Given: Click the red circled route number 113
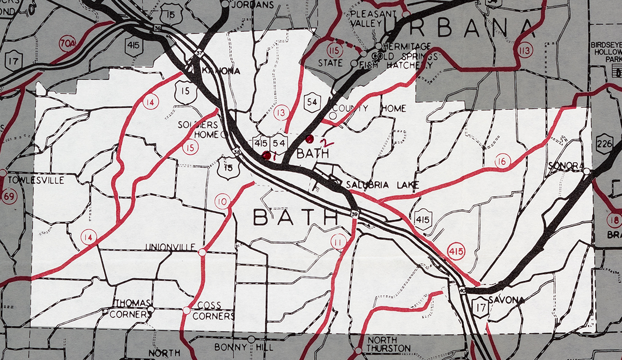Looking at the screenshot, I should coord(525,50).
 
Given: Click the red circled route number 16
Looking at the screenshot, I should coord(501,161).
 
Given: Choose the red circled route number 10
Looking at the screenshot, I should coord(222,201).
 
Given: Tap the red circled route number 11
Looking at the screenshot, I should coord(338,241).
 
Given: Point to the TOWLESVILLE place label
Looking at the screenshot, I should coord(36,180).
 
